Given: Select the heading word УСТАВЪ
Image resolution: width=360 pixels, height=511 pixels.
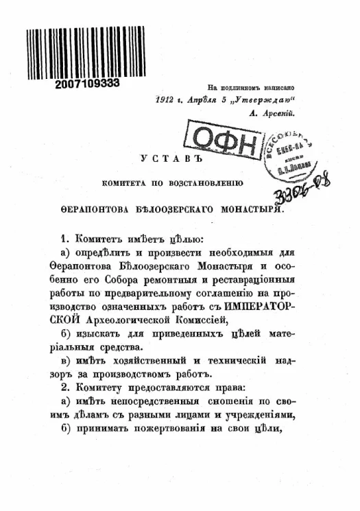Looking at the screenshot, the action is click(165, 158).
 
